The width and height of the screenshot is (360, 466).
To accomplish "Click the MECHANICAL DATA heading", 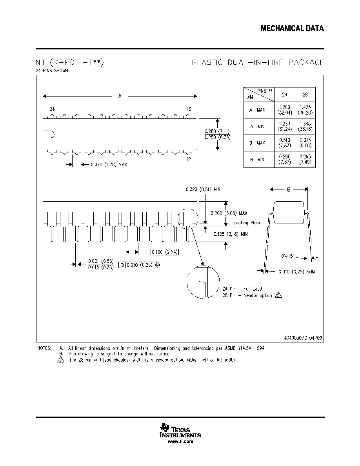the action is pyautogui.click(x=292, y=29).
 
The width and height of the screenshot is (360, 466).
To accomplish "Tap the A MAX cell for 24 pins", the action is pyautogui.click(x=285, y=110).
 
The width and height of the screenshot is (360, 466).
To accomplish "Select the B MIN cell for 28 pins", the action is pyautogui.click(x=305, y=159).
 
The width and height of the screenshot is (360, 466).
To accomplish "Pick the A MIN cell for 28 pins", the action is pyautogui.click(x=305, y=126).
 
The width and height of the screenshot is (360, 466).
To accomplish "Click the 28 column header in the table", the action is pyautogui.click(x=305, y=95).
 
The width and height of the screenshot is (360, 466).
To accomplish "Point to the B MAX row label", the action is pyautogui.click(x=257, y=143).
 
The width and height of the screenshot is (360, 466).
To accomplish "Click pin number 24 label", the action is pyautogui.click(x=52, y=109).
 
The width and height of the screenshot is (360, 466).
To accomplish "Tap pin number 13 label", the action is pyautogui.click(x=189, y=109).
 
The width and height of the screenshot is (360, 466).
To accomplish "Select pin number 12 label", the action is pyautogui.click(x=189, y=160).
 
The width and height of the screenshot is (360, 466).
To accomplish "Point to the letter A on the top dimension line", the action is pyautogui.click(x=120, y=96).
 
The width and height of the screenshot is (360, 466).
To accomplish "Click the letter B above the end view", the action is pyautogui.click(x=289, y=189).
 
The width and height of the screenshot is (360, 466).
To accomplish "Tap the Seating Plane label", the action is pyautogui.click(x=247, y=223).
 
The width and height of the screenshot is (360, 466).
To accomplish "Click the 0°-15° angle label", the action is pyautogui.click(x=287, y=256).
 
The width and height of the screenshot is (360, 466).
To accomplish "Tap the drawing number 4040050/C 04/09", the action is pyautogui.click(x=303, y=338).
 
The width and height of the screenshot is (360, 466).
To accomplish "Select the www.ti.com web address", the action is pyautogui.click(x=180, y=441).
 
